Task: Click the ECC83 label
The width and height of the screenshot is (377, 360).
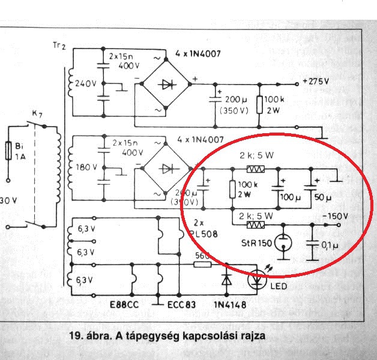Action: click(181, 305)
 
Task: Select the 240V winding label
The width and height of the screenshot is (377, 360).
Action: click(86, 83)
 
